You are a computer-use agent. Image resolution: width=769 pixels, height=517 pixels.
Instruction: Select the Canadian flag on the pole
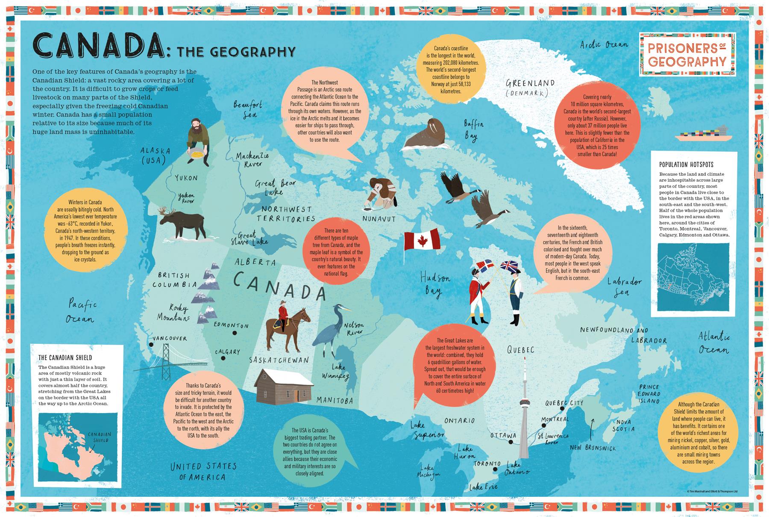(x=422, y=240)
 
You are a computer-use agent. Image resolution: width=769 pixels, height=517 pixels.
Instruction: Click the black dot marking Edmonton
(x=234, y=333)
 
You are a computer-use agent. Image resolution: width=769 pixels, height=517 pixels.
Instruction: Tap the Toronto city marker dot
(x=495, y=470)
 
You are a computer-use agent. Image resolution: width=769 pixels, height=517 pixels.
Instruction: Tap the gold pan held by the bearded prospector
(x=196, y=153)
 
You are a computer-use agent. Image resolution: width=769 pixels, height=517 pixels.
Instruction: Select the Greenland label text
(x=530, y=83)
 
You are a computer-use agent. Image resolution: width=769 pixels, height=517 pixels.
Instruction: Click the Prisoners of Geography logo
(x=687, y=55)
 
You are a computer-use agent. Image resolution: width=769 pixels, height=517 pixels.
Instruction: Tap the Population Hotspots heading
(x=686, y=165)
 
